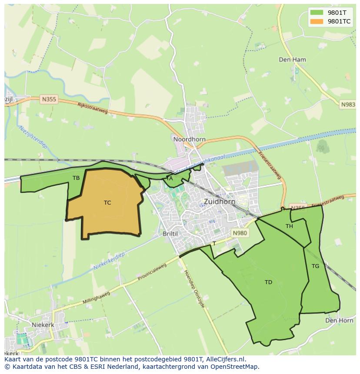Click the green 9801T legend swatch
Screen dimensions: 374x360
(x=317, y=13)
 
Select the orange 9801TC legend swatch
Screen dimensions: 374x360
(x=317, y=21)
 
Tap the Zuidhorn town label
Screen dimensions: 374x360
(x=220, y=202)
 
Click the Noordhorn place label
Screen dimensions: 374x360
(x=189, y=139)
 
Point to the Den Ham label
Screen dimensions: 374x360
(x=292, y=60)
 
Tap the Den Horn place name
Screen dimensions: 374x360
(x=339, y=320)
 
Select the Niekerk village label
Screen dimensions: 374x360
(x=43, y=324)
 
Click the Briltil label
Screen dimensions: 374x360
(x=170, y=233)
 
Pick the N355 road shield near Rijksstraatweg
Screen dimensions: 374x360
(x=49, y=99)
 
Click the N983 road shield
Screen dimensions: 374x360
(x=348, y=105)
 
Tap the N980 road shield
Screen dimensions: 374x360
(x=240, y=233)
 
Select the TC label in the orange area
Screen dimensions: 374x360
(x=107, y=203)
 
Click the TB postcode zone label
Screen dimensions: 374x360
(x=76, y=178)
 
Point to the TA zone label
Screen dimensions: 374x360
(x=170, y=178)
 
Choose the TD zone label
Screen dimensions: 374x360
(x=268, y=282)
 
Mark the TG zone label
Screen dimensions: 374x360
(x=315, y=266)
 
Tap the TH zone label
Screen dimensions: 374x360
(x=289, y=226)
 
